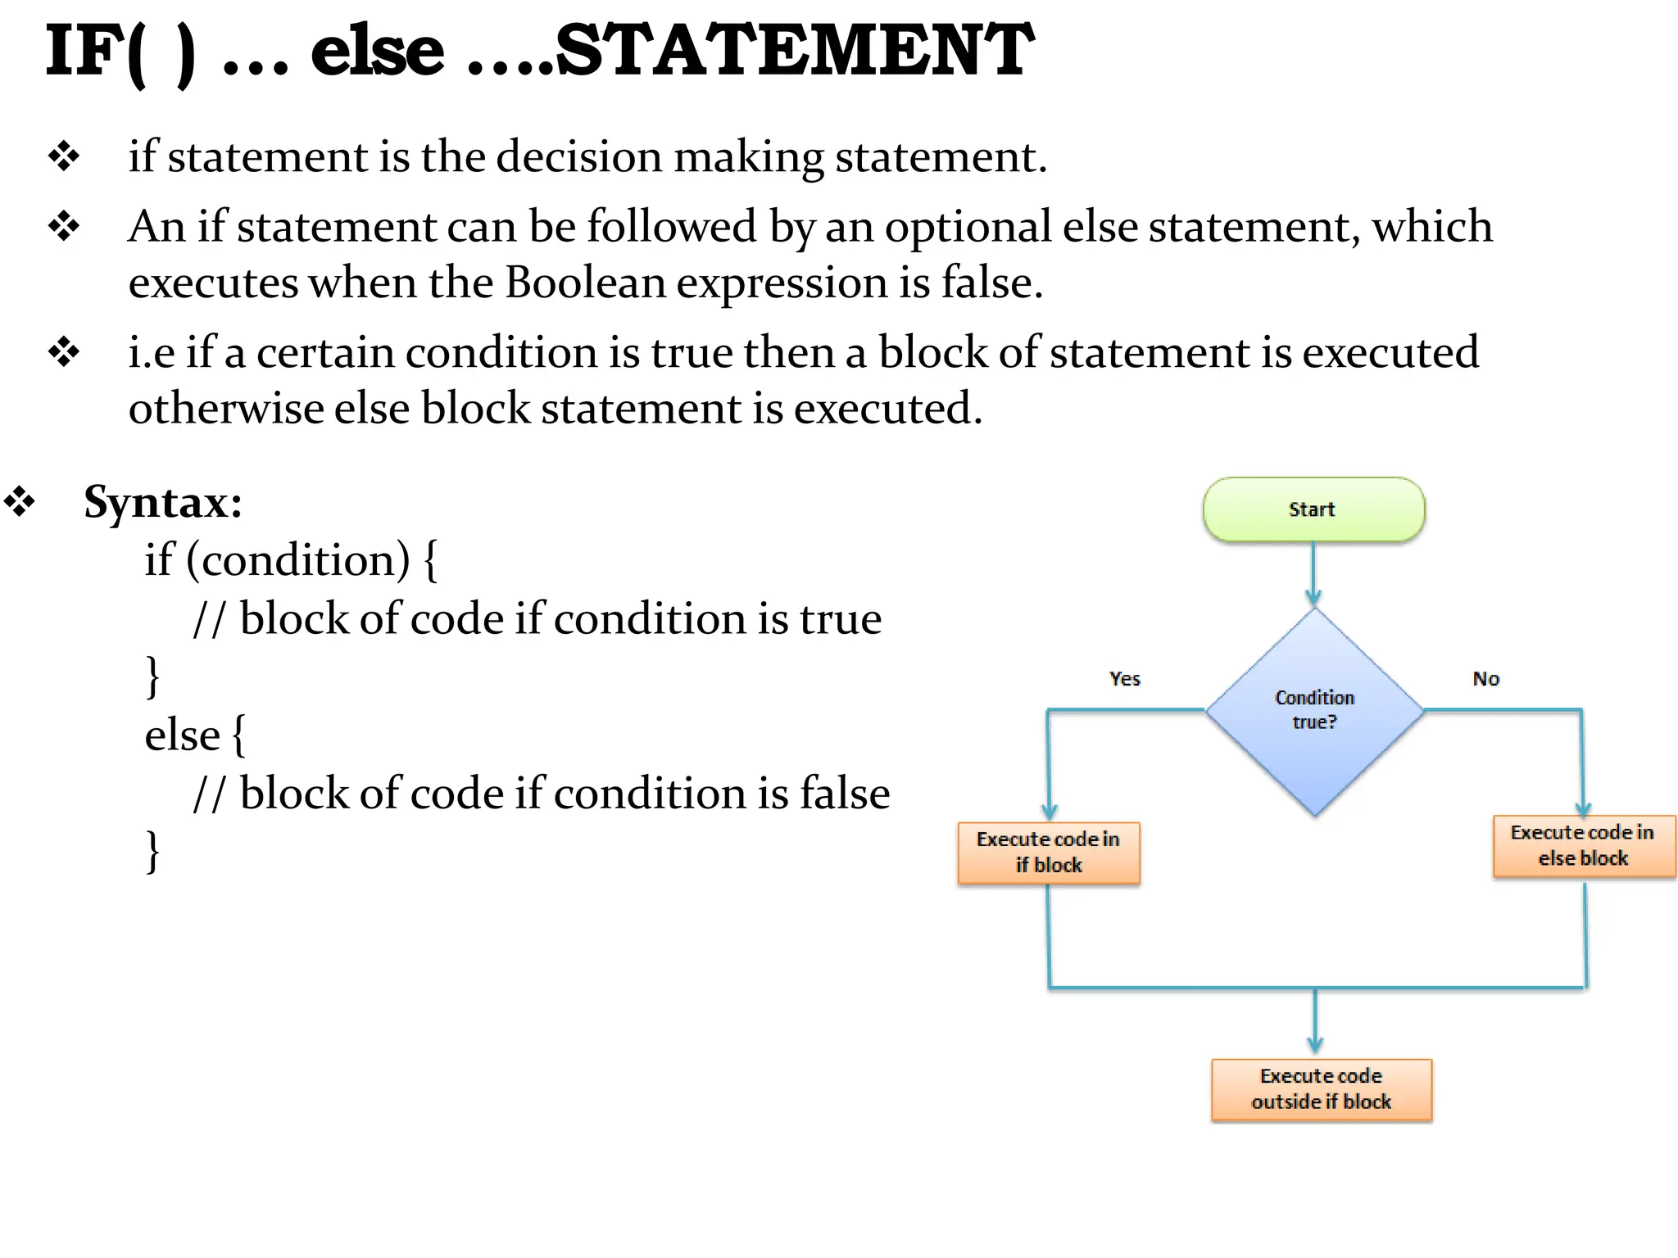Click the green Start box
tap(1313, 509)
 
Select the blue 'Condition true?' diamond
tap(1314, 711)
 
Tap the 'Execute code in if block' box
tap(1049, 853)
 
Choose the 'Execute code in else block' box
tap(1583, 846)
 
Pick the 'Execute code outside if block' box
tap(1321, 1089)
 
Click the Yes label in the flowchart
tap(1124, 679)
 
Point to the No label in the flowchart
tap(1485, 679)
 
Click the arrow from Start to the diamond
tap(1313, 574)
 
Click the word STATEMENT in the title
tap(793, 51)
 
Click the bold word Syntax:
tap(163, 501)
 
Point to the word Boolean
tap(585, 283)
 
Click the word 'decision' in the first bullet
tap(578, 156)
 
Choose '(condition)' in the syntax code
tap(298, 561)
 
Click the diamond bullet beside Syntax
tap(19, 502)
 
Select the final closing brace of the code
tap(152, 852)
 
